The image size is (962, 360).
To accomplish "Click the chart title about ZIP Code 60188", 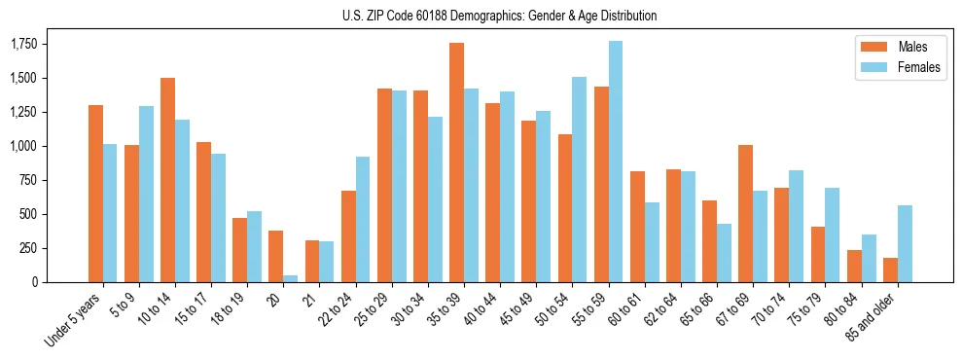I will click(x=499, y=16).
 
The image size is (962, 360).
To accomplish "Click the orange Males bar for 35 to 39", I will click(x=456, y=162).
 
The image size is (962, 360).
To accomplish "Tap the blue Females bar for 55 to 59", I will click(x=616, y=162).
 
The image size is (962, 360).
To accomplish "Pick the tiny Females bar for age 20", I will click(x=291, y=278).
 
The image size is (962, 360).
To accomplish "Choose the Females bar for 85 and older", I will click(x=905, y=243).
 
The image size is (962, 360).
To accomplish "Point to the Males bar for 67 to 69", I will click(x=745, y=213).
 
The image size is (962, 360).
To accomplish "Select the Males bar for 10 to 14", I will click(x=167, y=180).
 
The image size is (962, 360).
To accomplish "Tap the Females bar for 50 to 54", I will click(x=580, y=179).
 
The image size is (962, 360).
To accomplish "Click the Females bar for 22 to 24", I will click(x=363, y=219).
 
